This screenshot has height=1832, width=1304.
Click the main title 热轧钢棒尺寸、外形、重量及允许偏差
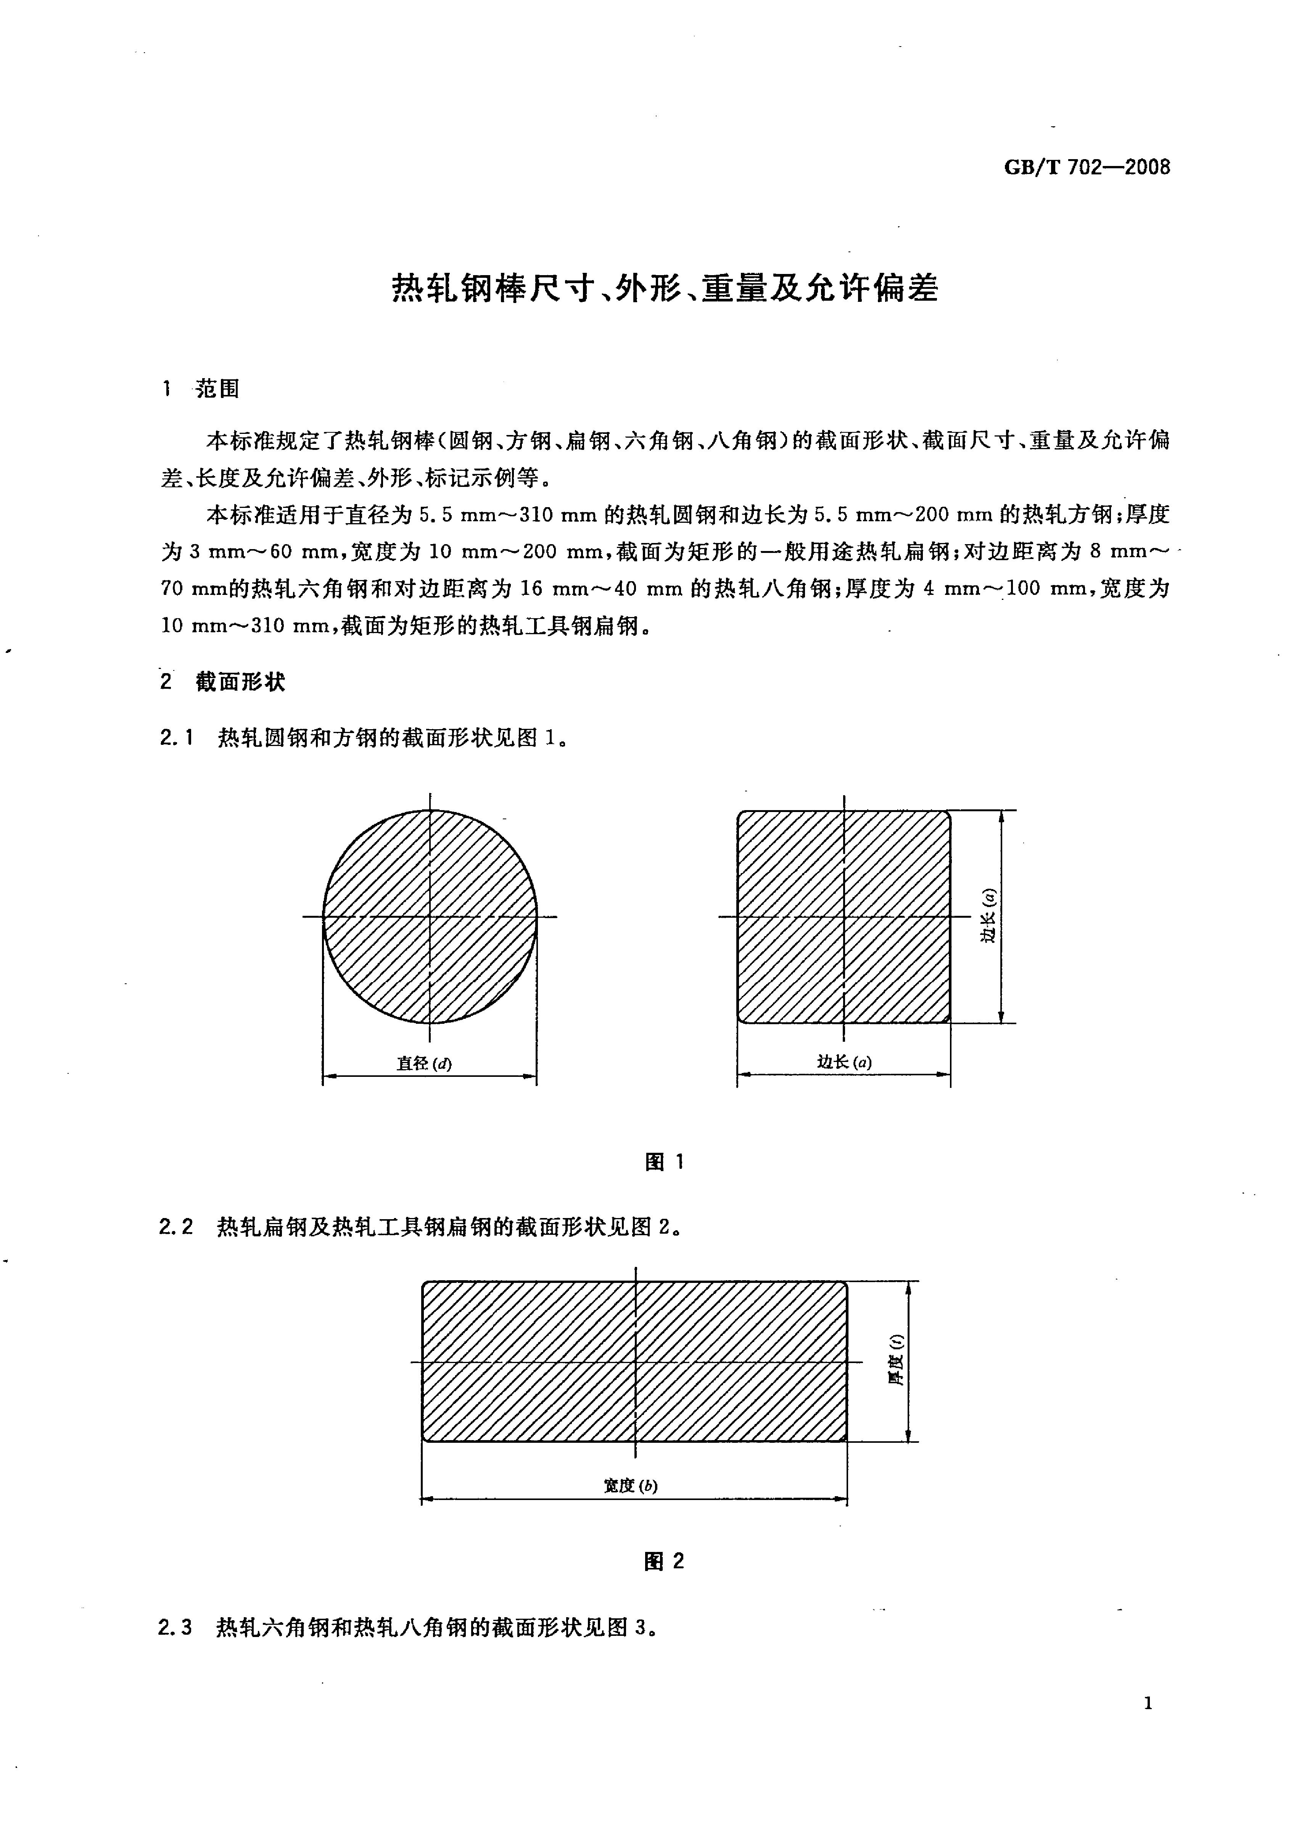(665, 288)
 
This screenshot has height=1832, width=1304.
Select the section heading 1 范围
(201, 390)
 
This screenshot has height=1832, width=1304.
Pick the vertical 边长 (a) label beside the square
(988, 915)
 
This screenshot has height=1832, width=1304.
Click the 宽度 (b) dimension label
(630, 1486)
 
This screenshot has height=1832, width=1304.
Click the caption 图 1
(664, 1162)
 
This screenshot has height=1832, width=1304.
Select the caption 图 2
(664, 1577)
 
